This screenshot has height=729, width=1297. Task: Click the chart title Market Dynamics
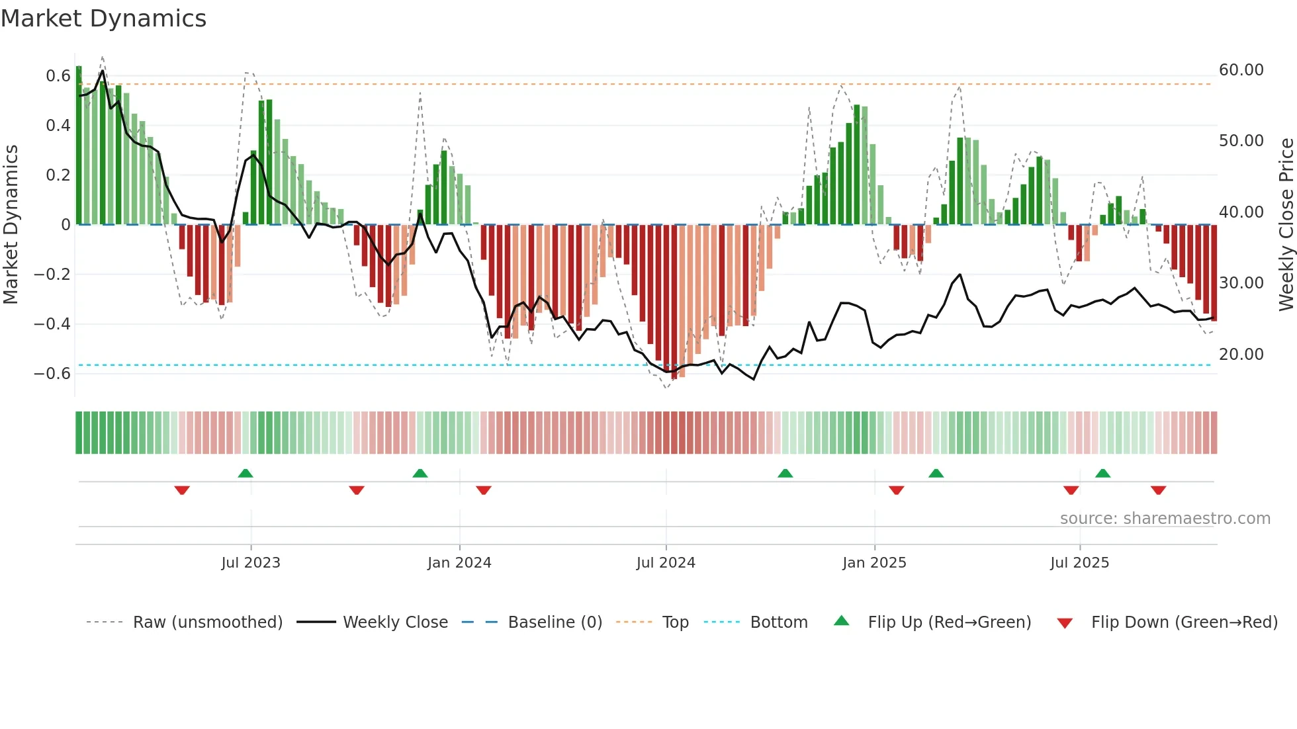tap(103, 19)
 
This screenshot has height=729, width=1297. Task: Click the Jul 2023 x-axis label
tap(251, 563)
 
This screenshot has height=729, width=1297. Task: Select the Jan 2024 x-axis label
tap(459, 563)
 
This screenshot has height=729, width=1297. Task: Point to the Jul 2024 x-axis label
tap(666, 563)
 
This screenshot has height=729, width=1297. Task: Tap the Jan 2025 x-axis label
tap(874, 563)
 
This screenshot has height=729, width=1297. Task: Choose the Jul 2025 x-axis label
tap(1079, 563)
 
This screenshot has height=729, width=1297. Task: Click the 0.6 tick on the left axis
tap(58, 76)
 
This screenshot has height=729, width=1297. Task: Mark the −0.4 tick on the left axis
tap(52, 324)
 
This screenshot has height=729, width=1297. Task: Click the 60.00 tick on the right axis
tap(1241, 70)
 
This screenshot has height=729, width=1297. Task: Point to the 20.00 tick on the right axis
tap(1241, 355)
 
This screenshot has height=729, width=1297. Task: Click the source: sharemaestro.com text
tap(1165, 519)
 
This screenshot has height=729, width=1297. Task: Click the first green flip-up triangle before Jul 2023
tap(246, 473)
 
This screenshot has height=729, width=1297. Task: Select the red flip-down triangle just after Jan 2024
tap(484, 490)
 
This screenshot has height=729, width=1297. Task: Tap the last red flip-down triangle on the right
tap(1158, 490)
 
